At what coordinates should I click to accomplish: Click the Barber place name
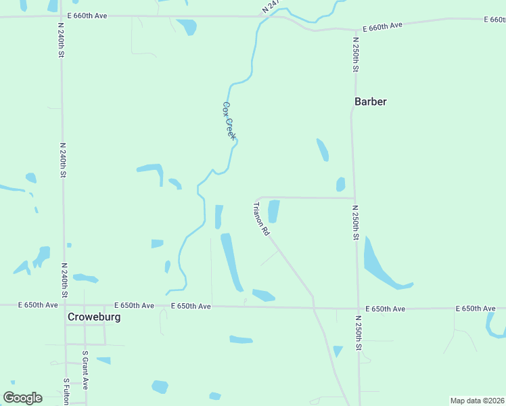pyautogui.click(x=371, y=101)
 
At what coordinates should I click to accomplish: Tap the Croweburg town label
pyautogui.click(x=94, y=316)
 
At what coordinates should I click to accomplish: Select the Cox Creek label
pyautogui.click(x=229, y=120)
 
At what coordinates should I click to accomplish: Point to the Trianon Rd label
pyautogui.click(x=262, y=219)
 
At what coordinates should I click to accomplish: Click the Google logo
pyautogui.click(x=22, y=398)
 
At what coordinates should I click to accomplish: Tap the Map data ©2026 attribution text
pyautogui.click(x=477, y=401)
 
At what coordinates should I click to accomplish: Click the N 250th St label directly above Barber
pyautogui.click(x=355, y=55)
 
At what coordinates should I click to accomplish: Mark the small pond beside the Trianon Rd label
pyautogui.click(x=274, y=211)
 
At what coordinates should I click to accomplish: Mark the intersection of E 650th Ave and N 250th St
pyautogui.click(x=357, y=309)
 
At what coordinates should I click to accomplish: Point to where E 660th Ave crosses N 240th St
pyautogui.click(x=61, y=15)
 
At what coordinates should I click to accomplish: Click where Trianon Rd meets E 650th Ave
pyautogui.click(x=313, y=308)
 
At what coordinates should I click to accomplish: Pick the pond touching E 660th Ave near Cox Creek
pyautogui.click(x=187, y=26)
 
